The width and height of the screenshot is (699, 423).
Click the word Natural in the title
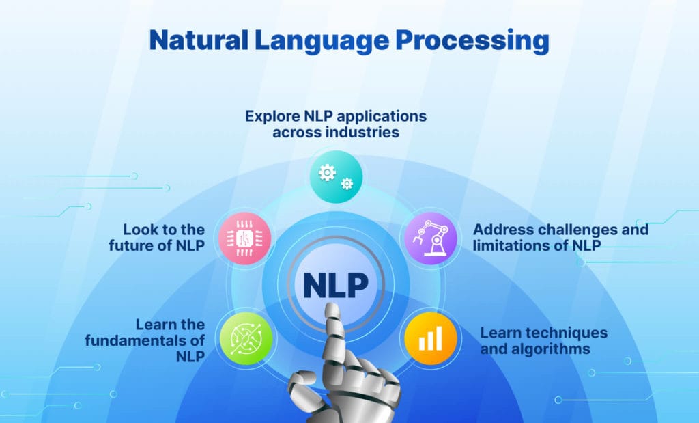(199, 40)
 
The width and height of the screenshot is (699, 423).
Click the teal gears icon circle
(336, 177)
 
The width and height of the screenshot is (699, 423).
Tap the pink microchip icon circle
(245, 238)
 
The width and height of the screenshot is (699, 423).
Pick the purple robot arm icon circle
(431, 238)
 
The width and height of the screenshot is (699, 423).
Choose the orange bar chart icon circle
(431, 338)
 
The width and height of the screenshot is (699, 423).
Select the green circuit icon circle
(246, 338)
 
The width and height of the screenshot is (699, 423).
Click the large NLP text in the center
(336, 285)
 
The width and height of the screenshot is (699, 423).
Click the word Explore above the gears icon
(272, 116)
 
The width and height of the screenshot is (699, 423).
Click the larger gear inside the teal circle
(327, 172)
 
